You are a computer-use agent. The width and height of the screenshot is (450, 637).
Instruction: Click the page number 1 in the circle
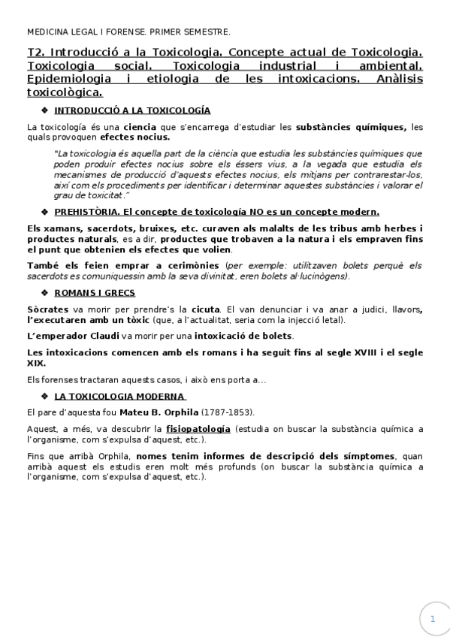[433, 619]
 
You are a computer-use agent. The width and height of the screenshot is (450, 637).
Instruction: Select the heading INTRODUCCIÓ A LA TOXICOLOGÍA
[132, 110]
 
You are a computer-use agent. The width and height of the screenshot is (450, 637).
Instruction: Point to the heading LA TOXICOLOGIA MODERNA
[120, 396]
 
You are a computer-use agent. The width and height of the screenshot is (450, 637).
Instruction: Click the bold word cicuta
[206, 309]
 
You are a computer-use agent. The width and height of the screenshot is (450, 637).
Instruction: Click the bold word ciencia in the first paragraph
[140, 126]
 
